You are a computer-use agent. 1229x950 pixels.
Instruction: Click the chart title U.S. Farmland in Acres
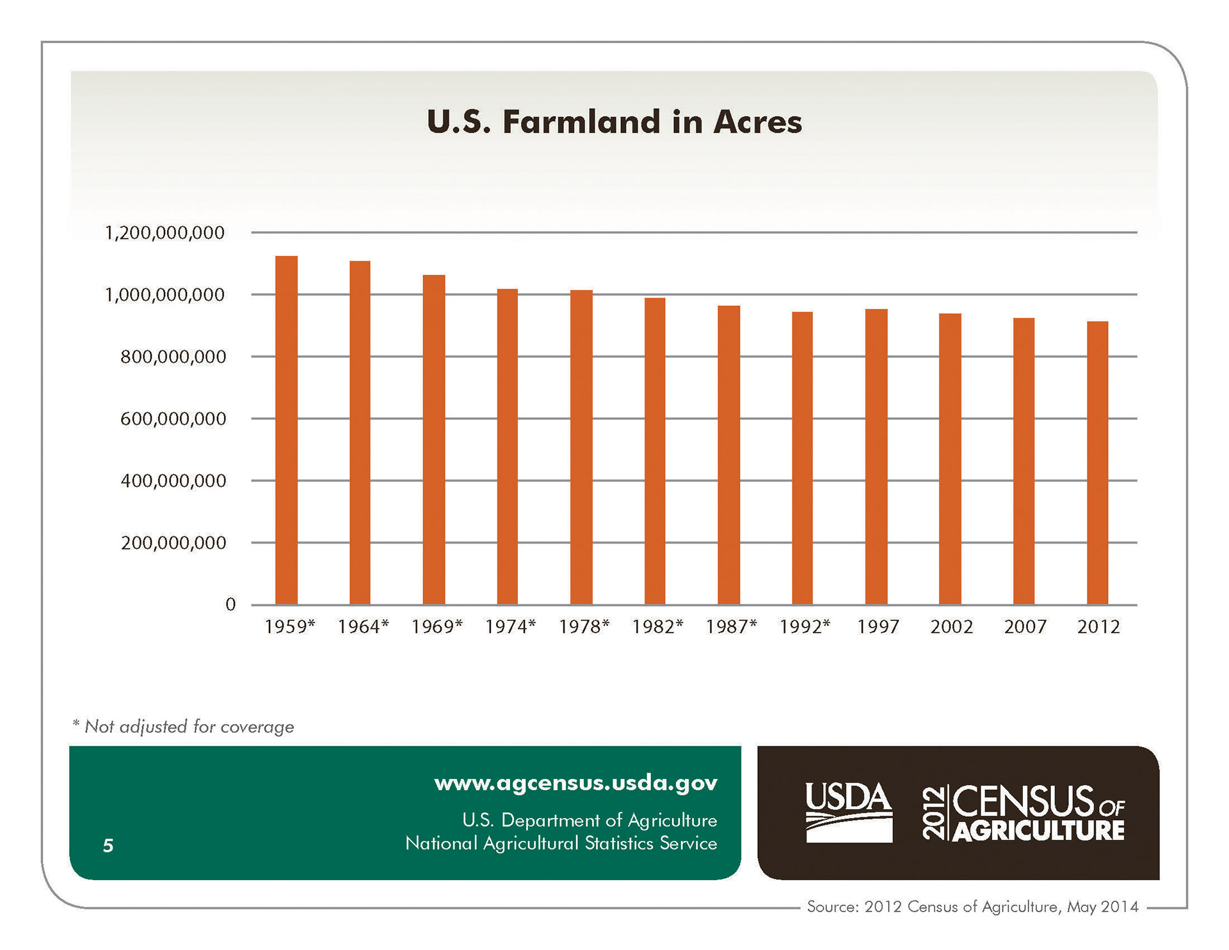click(x=614, y=122)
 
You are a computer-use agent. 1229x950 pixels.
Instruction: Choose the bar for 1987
click(x=728, y=455)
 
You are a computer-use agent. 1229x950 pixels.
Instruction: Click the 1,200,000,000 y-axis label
click(x=165, y=232)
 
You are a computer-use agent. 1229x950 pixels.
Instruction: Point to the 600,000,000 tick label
click(x=173, y=419)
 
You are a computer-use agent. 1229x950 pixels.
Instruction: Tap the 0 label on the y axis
click(x=230, y=604)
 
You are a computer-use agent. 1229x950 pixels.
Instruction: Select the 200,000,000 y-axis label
click(x=173, y=543)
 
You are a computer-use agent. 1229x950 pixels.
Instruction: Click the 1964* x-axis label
click(x=363, y=627)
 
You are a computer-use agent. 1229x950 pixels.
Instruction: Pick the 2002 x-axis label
click(x=951, y=627)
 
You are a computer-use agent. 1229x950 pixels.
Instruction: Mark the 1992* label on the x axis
click(x=805, y=627)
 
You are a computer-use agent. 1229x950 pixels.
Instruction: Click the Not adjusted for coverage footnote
click(x=183, y=727)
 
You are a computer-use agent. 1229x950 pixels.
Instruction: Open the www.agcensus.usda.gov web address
click(x=575, y=783)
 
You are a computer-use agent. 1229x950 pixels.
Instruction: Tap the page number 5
click(x=108, y=846)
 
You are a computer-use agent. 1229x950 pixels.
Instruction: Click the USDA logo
click(x=848, y=812)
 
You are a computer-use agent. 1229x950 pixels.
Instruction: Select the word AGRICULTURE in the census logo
click(x=1038, y=831)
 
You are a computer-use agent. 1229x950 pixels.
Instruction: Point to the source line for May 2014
click(x=972, y=906)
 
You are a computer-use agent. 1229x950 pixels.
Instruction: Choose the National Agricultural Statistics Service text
click(x=561, y=843)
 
